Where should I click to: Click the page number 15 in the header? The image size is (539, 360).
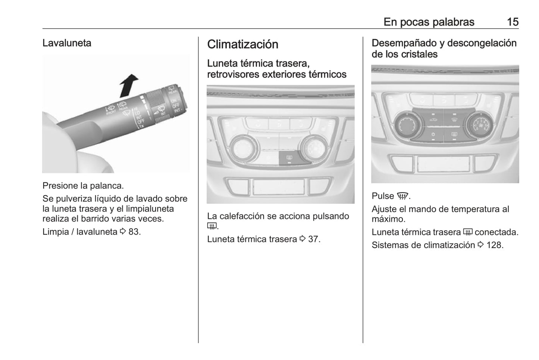(513, 22)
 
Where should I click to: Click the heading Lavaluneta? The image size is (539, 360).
(67, 43)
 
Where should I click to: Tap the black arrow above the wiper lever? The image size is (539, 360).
(129, 86)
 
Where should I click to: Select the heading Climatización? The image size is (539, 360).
(242, 44)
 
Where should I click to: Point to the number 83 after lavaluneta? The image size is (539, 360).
(135, 232)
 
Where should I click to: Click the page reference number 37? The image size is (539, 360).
(314, 239)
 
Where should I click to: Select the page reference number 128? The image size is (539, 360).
(495, 245)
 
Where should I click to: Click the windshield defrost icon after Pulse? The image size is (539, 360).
(402, 196)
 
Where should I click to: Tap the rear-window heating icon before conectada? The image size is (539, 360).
(467, 232)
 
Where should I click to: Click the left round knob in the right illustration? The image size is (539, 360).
(407, 125)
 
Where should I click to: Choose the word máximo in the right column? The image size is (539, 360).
(389, 219)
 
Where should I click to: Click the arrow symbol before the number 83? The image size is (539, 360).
(123, 232)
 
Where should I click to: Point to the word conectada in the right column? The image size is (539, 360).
(496, 232)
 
